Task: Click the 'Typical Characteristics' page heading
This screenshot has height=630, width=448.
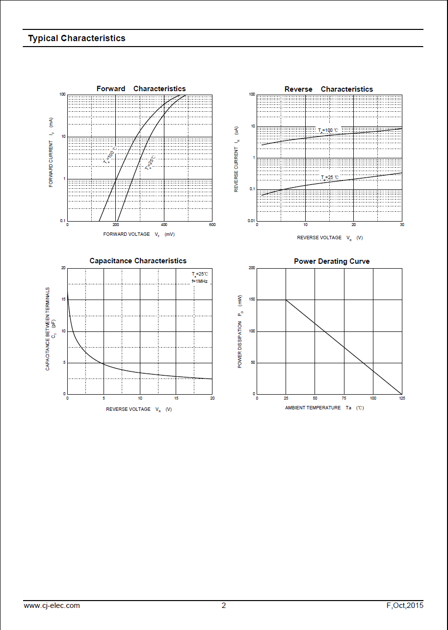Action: [x=77, y=38]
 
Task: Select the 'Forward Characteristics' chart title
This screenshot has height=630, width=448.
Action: [x=141, y=89]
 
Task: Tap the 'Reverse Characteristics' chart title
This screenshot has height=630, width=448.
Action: [x=328, y=89]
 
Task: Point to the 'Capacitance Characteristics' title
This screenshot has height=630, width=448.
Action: [x=138, y=261]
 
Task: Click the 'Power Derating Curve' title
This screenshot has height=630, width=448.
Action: [x=332, y=261]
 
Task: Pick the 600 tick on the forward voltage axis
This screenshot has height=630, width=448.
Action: [x=212, y=225]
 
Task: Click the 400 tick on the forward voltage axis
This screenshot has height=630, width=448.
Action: [x=164, y=225]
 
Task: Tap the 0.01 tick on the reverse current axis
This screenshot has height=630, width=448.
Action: [x=251, y=221]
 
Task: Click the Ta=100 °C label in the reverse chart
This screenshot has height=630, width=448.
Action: [x=328, y=130]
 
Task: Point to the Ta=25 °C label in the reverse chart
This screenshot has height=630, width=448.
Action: [x=330, y=177]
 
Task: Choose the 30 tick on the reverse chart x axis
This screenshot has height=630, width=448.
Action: [x=401, y=225]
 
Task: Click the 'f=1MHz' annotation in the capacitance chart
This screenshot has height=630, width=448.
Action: [x=200, y=281]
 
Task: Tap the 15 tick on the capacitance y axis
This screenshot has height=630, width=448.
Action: [x=63, y=300]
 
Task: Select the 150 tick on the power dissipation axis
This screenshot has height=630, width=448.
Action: [x=252, y=300]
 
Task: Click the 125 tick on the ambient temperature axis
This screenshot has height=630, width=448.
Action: [x=401, y=398]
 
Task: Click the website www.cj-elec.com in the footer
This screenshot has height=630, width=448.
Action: [x=52, y=605]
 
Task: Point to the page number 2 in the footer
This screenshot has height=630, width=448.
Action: [x=224, y=605]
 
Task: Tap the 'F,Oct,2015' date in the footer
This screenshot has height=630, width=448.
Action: [x=405, y=605]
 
